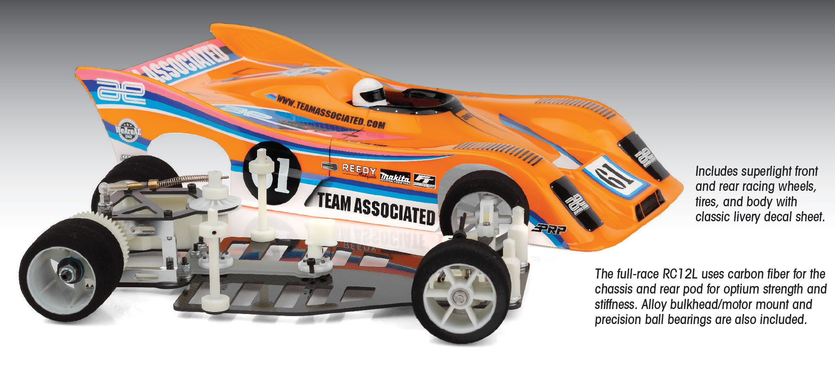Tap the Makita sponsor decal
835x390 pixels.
tap(395, 177)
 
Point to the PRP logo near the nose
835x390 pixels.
tap(549, 229)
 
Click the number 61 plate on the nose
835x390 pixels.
tap(614, 177)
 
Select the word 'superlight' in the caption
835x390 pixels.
tap(751, 172)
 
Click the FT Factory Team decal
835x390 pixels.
tap(424, 180)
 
